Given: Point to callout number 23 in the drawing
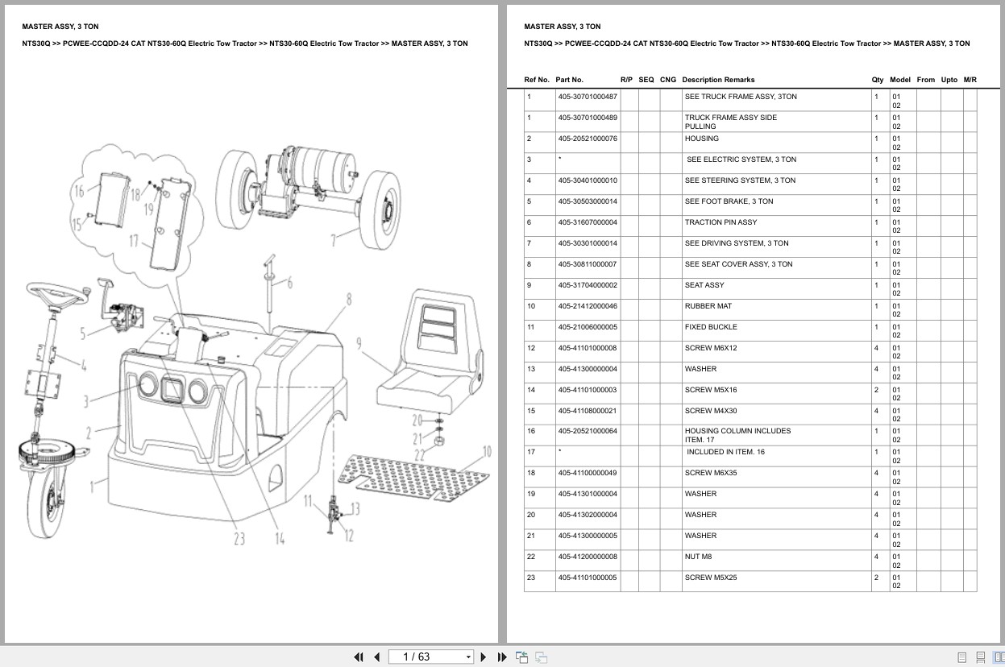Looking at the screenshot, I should [x=239, y=539].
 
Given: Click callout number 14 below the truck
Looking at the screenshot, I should [x=280, y=539].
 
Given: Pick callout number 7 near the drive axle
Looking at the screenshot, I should [x=332, y=239].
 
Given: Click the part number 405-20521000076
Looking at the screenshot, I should [x=587, y=139].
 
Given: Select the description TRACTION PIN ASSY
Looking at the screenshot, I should [x=721, y=222].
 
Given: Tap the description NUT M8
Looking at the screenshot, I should [x=698, y=557].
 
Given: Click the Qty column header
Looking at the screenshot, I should [x=877, y=80].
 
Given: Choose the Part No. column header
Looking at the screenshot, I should [x=569, y=80].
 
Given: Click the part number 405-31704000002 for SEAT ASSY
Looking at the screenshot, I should [x=587, y=285].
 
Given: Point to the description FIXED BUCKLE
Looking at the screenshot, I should [x=710, y=327].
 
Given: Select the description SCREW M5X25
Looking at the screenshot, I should [x=710, y=578].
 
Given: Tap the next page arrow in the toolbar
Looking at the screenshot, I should [x=484, y=657].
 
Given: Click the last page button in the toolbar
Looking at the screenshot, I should [x=502, y=657].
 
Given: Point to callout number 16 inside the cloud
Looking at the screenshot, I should [x=78, y=192].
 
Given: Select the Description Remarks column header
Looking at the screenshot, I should [x=717, y=80].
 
